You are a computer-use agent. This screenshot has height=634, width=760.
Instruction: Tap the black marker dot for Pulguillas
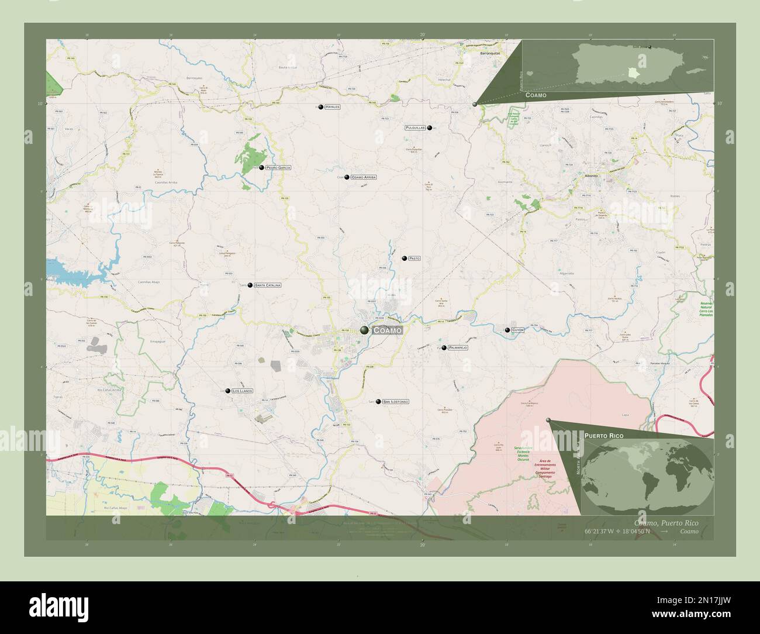pos(430,128)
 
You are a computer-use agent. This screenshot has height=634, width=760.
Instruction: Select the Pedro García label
pos(278,168)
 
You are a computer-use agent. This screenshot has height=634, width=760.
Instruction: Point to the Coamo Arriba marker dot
pos(347,177)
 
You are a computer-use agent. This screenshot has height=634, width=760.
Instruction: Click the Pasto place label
pos(414,258)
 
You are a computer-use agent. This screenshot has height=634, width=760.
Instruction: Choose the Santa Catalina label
pos(268,285)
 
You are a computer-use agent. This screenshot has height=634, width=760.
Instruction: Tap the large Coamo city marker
pos(365,330)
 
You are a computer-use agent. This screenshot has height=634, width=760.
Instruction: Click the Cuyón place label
pos(518,330)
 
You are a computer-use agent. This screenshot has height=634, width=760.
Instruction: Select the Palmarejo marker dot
pos(444,348)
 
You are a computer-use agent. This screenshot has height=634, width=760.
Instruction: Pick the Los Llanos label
pos(242,391)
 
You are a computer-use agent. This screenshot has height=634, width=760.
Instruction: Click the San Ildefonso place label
pos(396,402)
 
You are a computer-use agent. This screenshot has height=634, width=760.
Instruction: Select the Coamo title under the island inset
pos(536,95)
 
